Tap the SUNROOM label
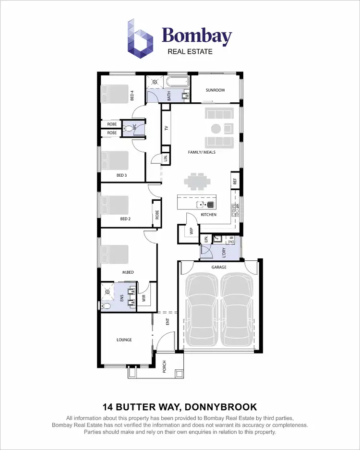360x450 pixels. point(215,90)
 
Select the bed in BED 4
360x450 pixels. point(115,93)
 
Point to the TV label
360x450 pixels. point(167,129)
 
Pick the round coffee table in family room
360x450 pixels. point(216,128)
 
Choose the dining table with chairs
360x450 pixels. point(197,182)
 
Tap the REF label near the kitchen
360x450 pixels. point(235,182)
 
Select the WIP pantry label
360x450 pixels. point(191,231)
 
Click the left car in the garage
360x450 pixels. point(202,310)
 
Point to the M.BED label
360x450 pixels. point(127,272)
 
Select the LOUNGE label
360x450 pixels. point(124,340)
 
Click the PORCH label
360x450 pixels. point(164,367)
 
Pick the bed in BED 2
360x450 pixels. point(115,205)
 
